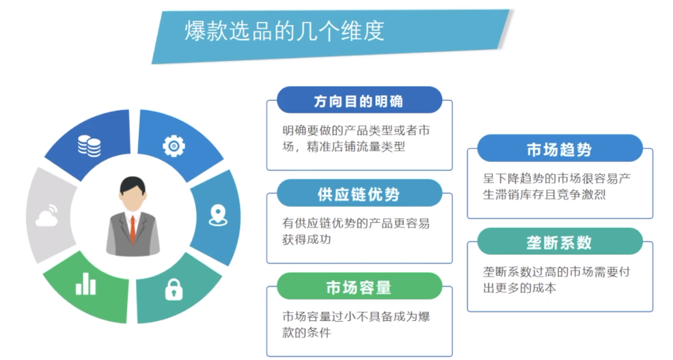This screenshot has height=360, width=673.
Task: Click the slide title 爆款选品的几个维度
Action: pos(284,31)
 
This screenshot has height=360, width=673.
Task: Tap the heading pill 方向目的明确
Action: pos(358,102)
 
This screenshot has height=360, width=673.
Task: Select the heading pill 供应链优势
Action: pos(358,195)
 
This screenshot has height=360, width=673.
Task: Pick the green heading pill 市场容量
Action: pos(358,288)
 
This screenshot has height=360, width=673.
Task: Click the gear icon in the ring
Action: pos(174,145)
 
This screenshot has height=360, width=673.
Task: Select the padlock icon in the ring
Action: pos(174,289)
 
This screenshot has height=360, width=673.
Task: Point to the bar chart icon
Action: pos(86,283)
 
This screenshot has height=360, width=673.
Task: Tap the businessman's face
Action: pos(133,199)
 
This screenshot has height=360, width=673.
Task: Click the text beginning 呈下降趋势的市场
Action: pos(556,186)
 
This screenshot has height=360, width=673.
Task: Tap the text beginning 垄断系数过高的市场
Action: pos(556,279)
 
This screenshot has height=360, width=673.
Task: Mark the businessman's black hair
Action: pos(133,183)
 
